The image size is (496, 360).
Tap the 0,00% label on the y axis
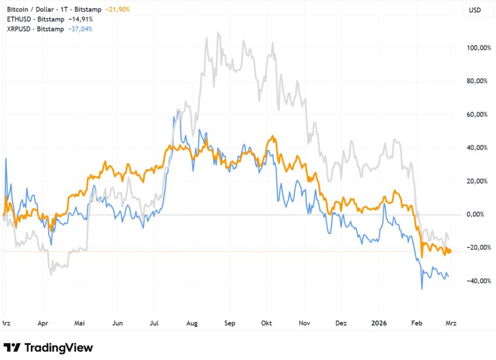479,214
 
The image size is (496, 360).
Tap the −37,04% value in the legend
79,28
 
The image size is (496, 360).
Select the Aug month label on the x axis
192,323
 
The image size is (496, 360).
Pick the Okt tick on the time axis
267,323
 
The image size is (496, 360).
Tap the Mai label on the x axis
81,323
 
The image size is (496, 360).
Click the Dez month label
342,323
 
